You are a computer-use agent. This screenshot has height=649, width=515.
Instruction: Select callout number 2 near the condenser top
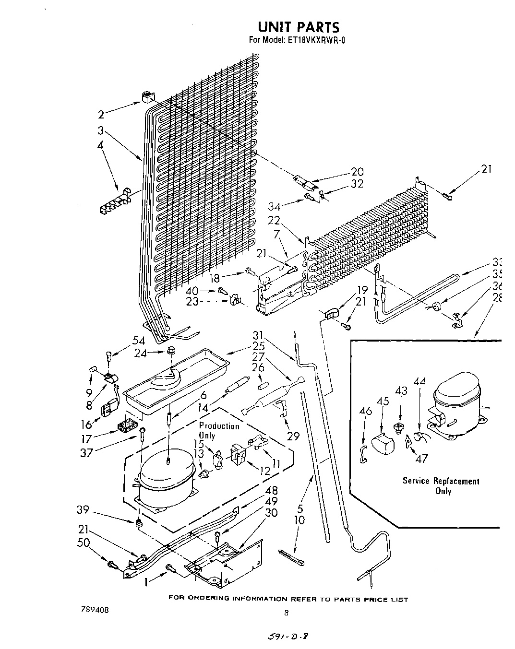(101, 114)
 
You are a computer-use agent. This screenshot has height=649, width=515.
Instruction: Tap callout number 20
(357, 172)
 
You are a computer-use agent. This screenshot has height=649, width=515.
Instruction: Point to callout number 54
(139, 340)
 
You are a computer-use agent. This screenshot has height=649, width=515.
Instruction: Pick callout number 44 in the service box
(419, 382)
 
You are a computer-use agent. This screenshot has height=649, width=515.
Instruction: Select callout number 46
(366, 411)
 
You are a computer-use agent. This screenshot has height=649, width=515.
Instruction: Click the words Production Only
(219, 431)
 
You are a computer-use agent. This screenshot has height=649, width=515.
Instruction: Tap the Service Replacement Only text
(441, 485)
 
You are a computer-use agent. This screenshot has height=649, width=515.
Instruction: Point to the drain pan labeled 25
(173, 379)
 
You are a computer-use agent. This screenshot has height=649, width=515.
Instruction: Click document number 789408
(95, 610)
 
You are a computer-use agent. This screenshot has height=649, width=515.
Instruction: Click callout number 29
(293, 436)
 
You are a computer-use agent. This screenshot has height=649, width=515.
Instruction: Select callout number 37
(87, 452)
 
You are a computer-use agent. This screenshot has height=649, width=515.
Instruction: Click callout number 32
(357, 184)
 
